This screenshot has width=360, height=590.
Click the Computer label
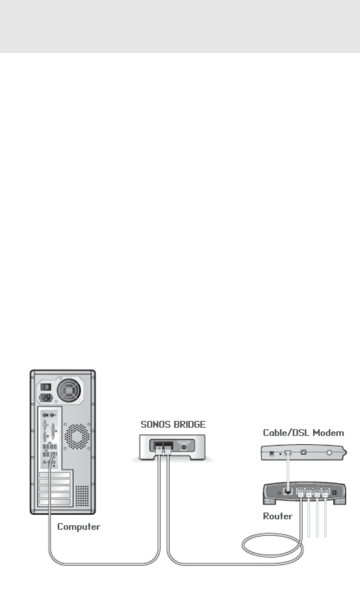(x=78, y=526)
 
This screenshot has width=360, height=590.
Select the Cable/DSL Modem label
(x=303, y=432)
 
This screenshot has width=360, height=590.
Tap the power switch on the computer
(x=45, y=386)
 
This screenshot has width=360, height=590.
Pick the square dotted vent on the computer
(x=82, y=495)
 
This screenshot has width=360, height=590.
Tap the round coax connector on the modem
(x=329, y=454)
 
